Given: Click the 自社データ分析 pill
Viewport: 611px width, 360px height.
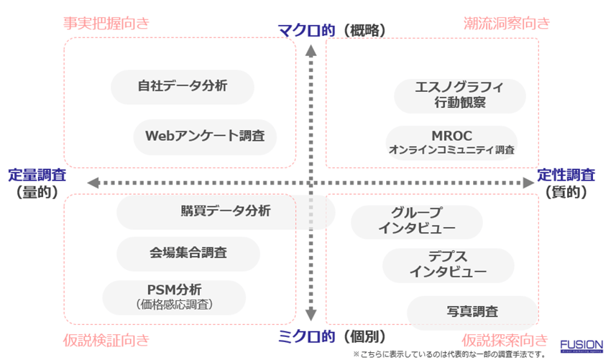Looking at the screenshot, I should (x=183, y=86).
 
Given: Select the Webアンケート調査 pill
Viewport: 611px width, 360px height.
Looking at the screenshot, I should (x=205, y=136).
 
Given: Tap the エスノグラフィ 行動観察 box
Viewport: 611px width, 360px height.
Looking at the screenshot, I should (x=460, y=95).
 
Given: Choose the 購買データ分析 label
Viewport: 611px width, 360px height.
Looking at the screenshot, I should (x=225, y=211).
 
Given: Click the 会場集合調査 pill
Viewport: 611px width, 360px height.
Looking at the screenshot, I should (x=188, y=252).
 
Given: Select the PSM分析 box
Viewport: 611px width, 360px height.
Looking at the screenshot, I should (x=174, y=297).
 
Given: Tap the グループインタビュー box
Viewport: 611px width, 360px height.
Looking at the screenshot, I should (x=416, y=221).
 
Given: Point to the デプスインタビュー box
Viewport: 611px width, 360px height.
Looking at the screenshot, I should (x=447, y=265).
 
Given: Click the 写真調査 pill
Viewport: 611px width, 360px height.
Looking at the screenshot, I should (x=472, y=312).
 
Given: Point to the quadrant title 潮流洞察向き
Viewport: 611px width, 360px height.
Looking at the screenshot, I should (x=506, y=23).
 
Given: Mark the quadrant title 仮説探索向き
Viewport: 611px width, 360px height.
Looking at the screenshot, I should (x=505, y=339).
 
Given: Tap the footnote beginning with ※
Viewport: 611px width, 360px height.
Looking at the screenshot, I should (x=449, y=354).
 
